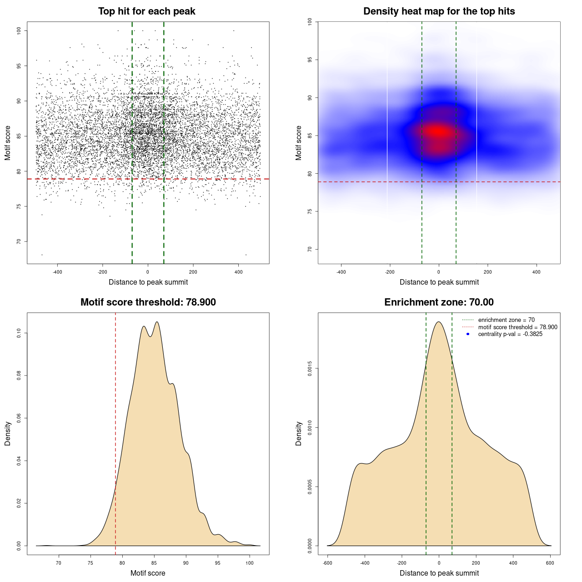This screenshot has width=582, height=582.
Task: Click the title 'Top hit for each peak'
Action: [146, 11]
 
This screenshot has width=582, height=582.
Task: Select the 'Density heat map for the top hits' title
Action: [439, 11]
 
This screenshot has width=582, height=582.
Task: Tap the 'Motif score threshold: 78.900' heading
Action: [148, 302]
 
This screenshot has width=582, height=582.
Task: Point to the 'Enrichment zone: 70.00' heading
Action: [439, 302]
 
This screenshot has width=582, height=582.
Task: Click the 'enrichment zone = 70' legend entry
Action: [506, 320]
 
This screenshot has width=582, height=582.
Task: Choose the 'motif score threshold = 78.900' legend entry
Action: [517, 327]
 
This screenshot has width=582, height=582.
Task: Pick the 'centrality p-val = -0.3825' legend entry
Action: [510, 334]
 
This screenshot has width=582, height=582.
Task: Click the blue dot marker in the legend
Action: [468, 334]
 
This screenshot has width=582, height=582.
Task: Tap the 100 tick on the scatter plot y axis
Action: [19, 30]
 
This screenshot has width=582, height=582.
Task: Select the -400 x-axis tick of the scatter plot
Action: [57, 272]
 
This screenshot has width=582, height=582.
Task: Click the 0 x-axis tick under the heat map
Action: [439, 272]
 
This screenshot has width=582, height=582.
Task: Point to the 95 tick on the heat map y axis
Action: [310, 60]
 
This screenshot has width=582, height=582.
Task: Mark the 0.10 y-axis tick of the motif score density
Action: [19, 333]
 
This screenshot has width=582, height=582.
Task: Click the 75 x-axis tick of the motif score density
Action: [90, 563]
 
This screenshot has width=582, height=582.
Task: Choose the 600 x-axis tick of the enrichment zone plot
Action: [550, 563]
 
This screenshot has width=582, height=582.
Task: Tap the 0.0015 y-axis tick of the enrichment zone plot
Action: [310, 368]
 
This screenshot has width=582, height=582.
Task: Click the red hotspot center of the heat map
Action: [438, 132]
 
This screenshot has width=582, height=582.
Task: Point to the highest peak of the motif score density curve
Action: [157, 322]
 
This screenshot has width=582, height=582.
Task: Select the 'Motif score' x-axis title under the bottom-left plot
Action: [148, 573]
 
